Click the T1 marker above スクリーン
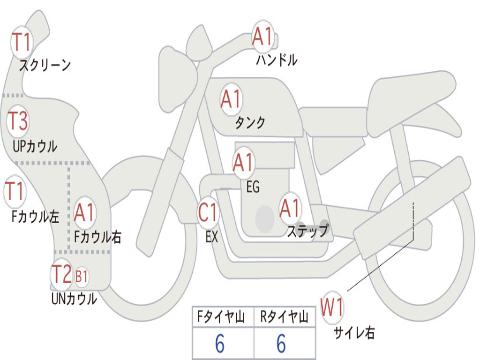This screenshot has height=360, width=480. click(22, 42)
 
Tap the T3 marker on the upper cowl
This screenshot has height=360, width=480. click(18, 121)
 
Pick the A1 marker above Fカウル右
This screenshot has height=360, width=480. click(84, 212)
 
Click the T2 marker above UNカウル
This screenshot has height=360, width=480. click(62, 274)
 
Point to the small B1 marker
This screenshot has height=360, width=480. click(82, 277)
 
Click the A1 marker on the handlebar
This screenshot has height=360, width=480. click(262, 37)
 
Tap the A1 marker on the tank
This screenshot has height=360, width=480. click(232, 99)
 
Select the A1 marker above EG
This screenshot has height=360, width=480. click(243, 163)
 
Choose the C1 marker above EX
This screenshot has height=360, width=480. click(208, 212)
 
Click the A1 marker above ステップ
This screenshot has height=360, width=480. click(290, 209)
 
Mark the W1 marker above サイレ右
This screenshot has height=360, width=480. click(332, 307)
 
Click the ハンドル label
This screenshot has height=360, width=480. click(277, 60)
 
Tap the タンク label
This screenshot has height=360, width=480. click(250, 122)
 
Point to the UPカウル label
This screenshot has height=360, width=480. click(35, 146)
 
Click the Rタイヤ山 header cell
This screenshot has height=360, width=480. click(285, 317)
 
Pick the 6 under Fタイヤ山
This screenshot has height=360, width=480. click(220, 343)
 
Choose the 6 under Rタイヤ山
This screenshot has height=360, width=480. click(281, 343)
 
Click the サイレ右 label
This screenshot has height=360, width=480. click(354, 333)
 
